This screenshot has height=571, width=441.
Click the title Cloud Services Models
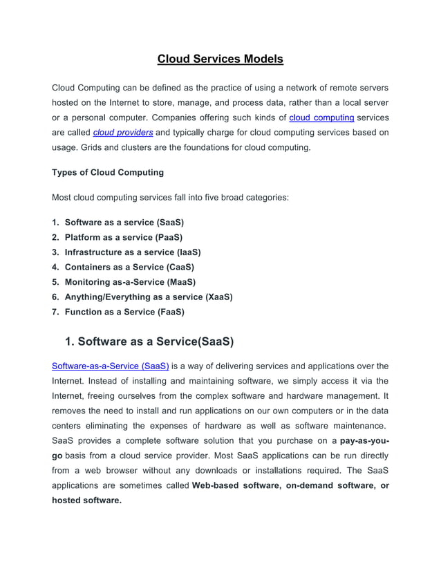click(x=220, y=59)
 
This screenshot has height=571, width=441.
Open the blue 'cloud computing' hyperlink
click(x=321, y=118)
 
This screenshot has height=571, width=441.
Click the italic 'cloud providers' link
click(x=123, y=133)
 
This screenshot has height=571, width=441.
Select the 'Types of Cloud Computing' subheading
click(x=108, y=172)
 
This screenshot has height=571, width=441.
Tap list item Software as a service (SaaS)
click(x=124, y=223)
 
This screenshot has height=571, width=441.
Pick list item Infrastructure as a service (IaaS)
click(x=132, y=252)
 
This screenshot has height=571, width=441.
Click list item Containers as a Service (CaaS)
click(x=129, y=267)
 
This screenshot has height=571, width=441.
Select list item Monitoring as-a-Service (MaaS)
click(x=130, y=282)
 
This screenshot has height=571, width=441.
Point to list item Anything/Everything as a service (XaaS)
click(x=148, y=297)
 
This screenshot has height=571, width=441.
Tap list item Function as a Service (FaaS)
click(x=124, y=312)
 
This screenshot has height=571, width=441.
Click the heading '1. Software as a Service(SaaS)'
click(x=149, y=341)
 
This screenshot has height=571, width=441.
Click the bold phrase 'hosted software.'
click(x=86, y=500)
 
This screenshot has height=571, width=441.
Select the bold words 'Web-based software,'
click(x=235, y=486)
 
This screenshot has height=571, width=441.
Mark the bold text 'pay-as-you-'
click(x=364, y=441)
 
